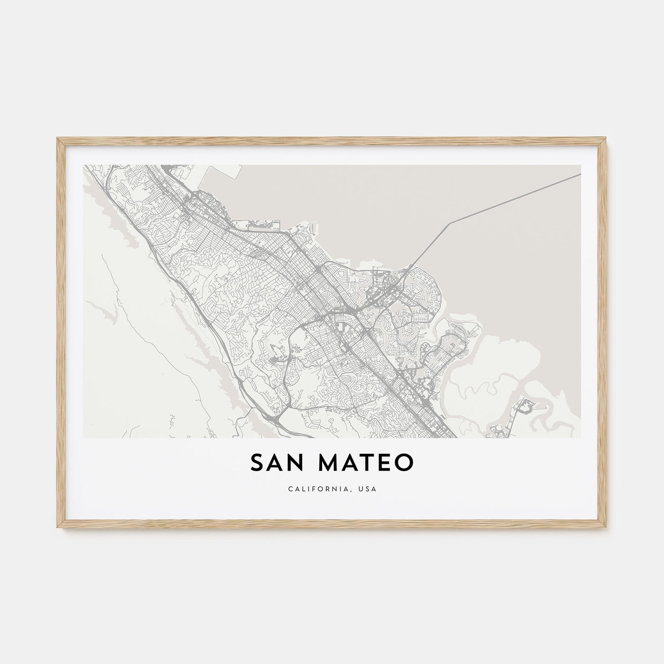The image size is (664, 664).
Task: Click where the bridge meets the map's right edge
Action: coord(580,175)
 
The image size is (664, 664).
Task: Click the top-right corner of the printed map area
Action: coord(581,165)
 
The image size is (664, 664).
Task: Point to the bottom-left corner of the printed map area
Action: coord(83,437)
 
